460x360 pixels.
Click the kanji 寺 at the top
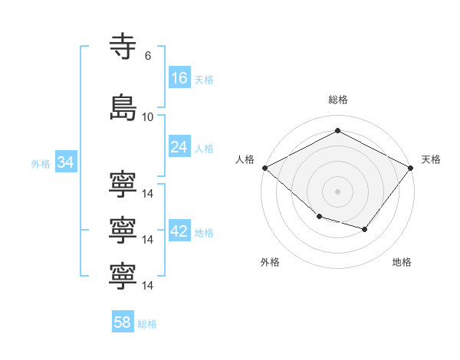click(123, 46)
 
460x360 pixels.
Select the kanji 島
click(123, 107)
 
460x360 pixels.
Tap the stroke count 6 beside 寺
click(148, 56)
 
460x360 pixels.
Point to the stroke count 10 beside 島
click(147, 117)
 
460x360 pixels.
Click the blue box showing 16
click(180, 77)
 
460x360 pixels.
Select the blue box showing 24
click(180, 146)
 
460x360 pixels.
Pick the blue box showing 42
click(180, 230)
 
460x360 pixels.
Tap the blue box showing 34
click(66, 162)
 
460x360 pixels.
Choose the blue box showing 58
click(123, 321)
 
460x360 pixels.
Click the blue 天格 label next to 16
click(204, 80)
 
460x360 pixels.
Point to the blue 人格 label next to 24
click(204, 149)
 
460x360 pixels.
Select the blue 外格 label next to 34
click(41, 164)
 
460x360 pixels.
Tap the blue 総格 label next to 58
click(147, 324)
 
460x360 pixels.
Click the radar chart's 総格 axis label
click(338, 100)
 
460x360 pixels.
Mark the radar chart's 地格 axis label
click(402, 262)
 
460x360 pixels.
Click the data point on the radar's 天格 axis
click(411, 168)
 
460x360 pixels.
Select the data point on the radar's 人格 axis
click(265, 168)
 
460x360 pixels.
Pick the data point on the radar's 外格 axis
click(320, 216)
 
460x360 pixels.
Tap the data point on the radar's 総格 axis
click(337, 130)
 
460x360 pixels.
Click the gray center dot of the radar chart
click(337, 191)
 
